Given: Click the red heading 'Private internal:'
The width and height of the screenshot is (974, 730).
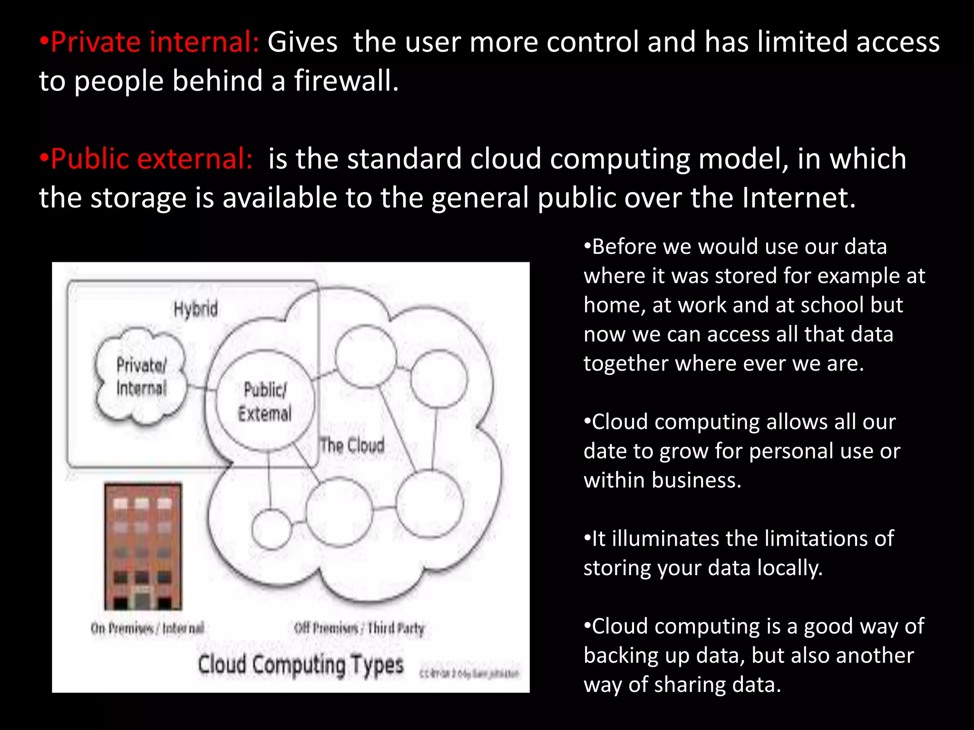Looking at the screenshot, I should pyautogui.click(x=154, y=42).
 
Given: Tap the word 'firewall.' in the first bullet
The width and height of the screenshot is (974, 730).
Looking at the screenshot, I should pyautogui.click(x=346, y=80).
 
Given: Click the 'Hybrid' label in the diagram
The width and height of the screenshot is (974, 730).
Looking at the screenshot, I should pyautogui.click(x=195, y=309).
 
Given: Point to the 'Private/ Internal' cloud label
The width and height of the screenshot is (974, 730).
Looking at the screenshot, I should pyautogui.click(x=141, y=376).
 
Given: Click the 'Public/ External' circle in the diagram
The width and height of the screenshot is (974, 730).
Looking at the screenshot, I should pyautogui.click(x=265, y=402).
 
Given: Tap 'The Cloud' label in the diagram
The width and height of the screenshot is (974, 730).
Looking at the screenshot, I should pyautogui.click(x=352, y=445).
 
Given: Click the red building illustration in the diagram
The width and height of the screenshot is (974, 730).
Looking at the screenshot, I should pyautogui.click(x=143, y=547).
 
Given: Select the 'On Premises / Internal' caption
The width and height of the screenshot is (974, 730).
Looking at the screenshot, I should pyautogui.click(x=147, y=628).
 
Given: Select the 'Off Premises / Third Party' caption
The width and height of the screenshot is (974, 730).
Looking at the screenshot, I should pyautogui.click(x=359, y=628).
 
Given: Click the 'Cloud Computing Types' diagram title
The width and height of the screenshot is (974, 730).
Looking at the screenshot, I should pyautogui.click(x=301, y=664).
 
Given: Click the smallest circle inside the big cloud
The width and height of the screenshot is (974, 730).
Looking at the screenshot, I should pyautogui.click(x=271, y=529).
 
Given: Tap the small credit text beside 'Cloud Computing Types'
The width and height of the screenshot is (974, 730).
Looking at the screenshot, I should pyautogui.click(x=469, y=673).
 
